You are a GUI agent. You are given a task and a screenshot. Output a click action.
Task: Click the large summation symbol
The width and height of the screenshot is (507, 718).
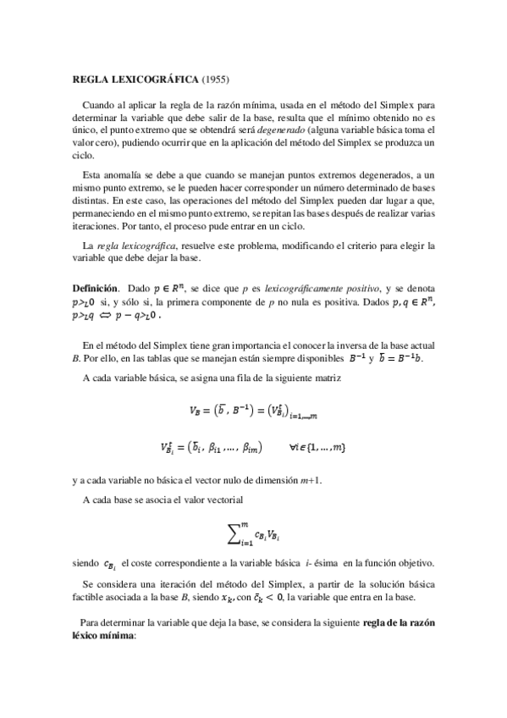[x=234, y=532]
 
